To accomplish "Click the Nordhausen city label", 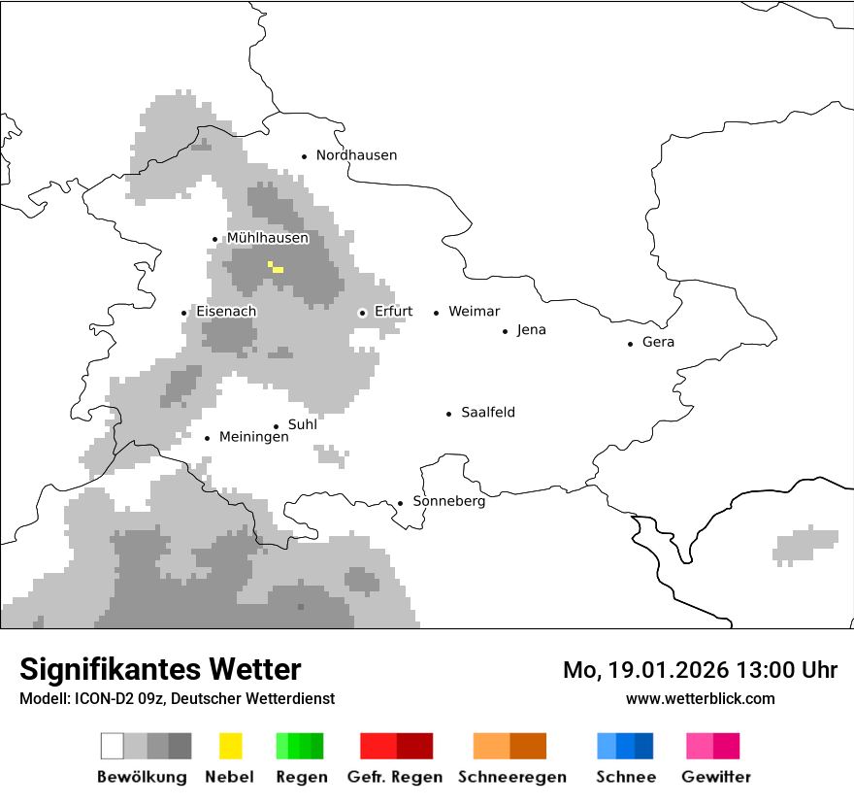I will (356, 155).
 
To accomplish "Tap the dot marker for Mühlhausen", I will (215, 239).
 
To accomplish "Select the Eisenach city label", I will (226, 312).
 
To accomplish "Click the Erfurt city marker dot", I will (362, 313).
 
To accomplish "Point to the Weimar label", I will (474, 312).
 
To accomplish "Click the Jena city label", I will (531, 330).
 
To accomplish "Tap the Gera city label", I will (658, 342).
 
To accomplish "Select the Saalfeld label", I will (487, 413).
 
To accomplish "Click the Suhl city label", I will (302, 424).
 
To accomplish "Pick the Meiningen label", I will (253, 437).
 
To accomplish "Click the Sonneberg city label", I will (448, 501).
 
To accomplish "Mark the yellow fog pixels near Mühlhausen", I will (276, 267).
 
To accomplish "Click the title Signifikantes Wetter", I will (160, 669).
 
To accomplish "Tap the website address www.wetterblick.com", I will (700, 698).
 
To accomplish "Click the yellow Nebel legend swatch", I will (230, 746).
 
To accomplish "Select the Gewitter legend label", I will (715, 777).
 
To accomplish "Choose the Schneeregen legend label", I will (511, 777).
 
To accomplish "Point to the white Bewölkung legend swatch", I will (112, 746).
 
